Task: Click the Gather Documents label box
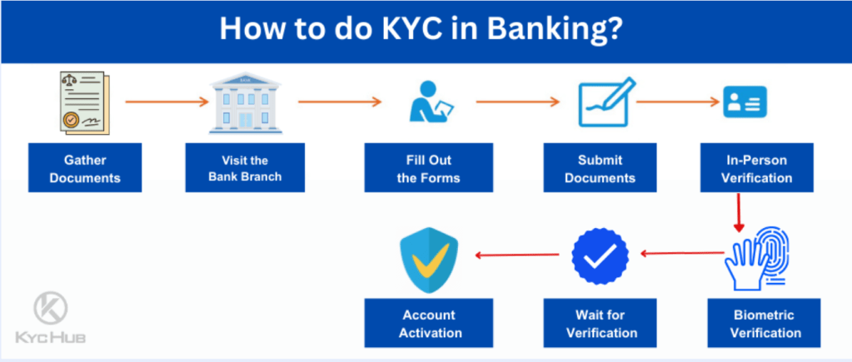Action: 85,168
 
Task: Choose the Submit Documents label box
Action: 600,168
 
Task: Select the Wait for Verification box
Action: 600,324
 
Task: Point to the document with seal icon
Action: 84,102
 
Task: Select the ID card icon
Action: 744,102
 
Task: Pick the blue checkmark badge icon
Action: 600,255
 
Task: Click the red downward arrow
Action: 737,212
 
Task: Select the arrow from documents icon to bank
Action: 165,102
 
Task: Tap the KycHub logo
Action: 50,317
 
